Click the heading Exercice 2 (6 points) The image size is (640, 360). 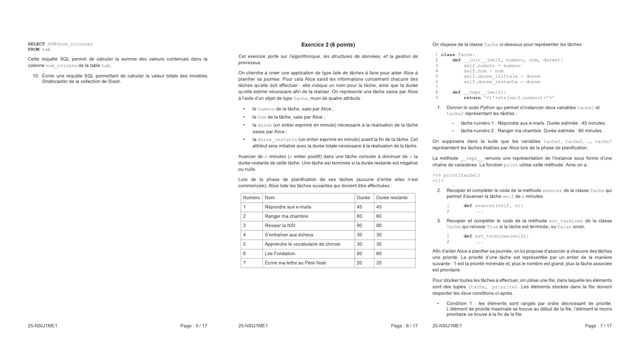tap(328, 45)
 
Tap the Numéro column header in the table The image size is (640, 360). tap(251, 197)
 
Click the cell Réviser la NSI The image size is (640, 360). tap(280, 226)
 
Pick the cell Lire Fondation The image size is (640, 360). tap(279, 253)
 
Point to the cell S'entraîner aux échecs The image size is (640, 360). tap(289, 235)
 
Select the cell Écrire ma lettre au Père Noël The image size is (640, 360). tap(295, 262)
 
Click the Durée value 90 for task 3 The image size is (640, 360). tap(359, 226)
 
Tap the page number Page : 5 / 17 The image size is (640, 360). tap(194, 325)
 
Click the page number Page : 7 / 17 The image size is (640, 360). tap(598, 325)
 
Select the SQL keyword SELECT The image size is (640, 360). tap(36, 44)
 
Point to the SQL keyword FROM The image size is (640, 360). tap(34, 49)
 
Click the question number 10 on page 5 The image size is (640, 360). tap(36, 76)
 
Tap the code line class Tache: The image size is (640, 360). tap(457, 55)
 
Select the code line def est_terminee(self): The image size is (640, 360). tap(496, 236)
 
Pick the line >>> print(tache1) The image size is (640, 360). tap(456, 175)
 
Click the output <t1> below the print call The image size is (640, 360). tap(438, 181)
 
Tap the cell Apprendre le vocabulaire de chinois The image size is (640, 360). tap(302, 244)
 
